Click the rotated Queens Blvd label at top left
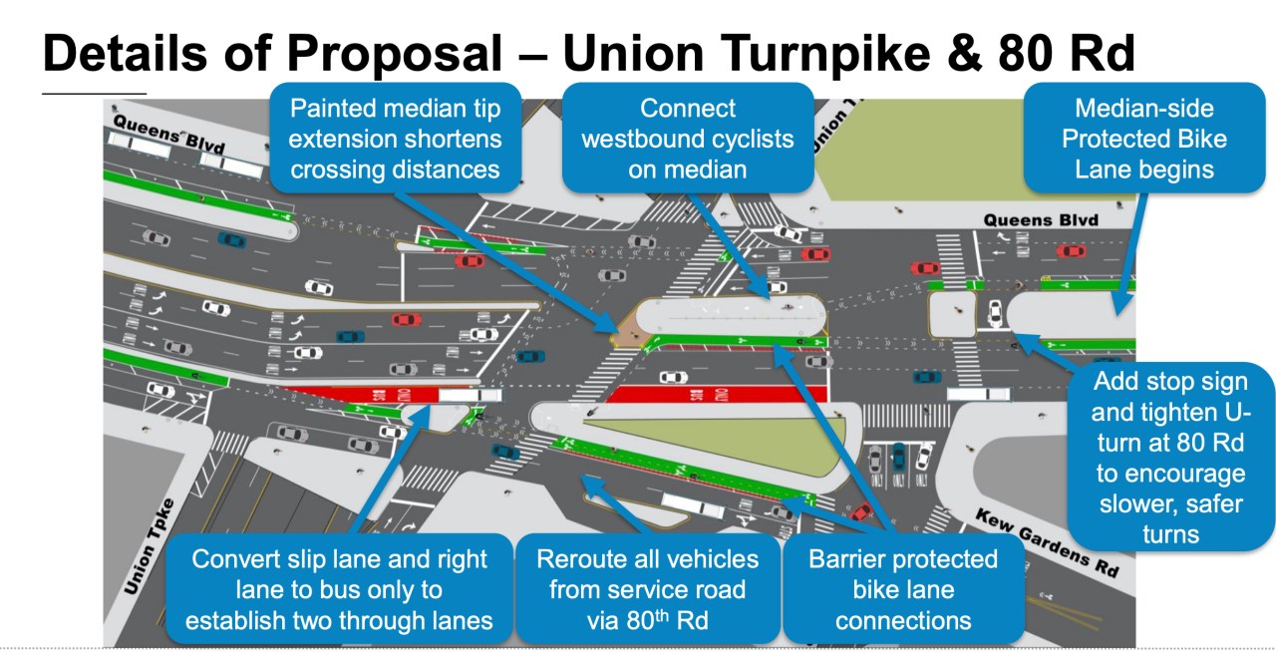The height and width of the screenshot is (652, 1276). [155, 135]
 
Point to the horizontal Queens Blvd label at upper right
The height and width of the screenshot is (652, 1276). [1041, 219]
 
